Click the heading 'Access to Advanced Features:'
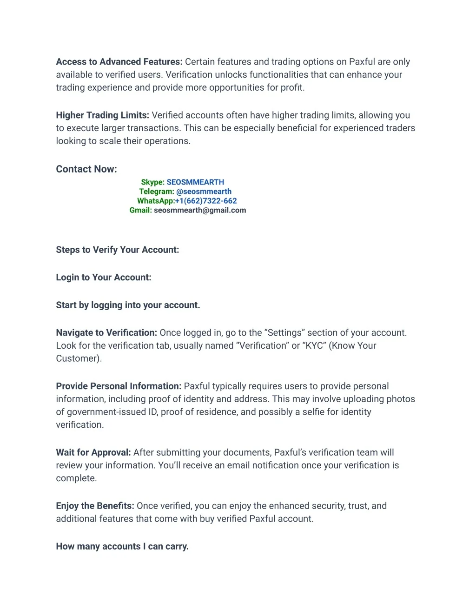[x=119, y=62]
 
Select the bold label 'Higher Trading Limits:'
[x=102, y=115]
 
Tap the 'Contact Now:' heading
[x=86, y=169]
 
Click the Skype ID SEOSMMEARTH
[x=195, y=182]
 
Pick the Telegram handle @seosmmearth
[x=204, y=192]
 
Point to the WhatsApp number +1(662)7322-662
[x=206, y=201]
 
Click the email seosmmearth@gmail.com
[x=200, y=210]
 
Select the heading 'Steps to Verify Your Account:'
[x=117, y=250]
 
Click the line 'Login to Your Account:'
[x=104, y=278]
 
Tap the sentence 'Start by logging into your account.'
[x=128, y=305]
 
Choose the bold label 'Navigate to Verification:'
[x=106, y=333]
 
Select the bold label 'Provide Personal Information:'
[x=119, y=386]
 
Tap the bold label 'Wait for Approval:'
[x=93, y=453]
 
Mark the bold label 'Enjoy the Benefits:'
[x=95, y=506]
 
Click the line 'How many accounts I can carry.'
[x=122, y=547]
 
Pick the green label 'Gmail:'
[x=140, y=210]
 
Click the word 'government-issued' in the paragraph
[x=106, y=412]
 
